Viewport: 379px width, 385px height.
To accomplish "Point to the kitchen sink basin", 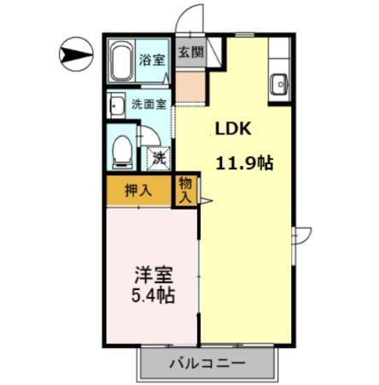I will click(x=280, y=84).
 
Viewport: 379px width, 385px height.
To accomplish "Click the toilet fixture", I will click(x=122, y=151).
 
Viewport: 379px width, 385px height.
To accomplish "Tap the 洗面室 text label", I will click(x=149, y=105).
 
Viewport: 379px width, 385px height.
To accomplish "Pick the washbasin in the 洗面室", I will click(x=116, y=105).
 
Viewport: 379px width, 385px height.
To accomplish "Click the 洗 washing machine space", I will click(x=159, y=157).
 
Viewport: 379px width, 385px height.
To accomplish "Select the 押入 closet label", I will click(x=138, y=190).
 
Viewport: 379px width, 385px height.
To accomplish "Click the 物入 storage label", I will click(x=185, y=189).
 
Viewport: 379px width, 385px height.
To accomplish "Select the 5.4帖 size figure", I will click(x=154, y=297).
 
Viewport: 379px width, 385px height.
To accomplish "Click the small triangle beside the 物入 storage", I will click(x=205, y=200).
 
